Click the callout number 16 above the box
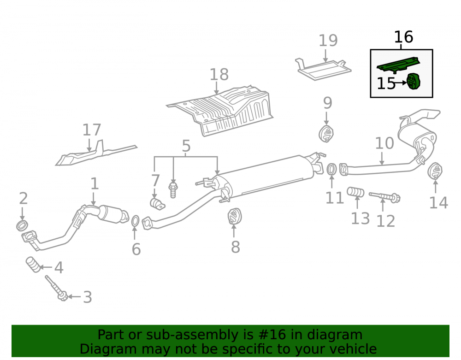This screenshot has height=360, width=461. point(403,37)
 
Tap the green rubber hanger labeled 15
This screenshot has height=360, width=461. point(414,82)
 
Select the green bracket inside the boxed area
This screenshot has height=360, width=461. point(398,65)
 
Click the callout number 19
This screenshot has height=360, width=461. point(328,41)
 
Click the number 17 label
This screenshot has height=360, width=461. point(92,130)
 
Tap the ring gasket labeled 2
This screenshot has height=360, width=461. point(22,225)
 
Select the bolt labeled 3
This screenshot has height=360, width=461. point(56,288)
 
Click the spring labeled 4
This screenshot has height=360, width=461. point(33,265)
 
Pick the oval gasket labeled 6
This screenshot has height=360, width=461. point(135,221)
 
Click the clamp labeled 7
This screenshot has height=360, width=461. point(157,204)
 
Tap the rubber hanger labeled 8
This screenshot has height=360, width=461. point(235,216)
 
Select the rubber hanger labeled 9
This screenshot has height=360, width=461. point(326,134)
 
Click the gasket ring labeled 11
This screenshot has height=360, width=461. point(331,170)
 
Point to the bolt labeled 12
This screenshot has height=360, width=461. point(384,197)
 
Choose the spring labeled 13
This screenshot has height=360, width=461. point(355,192)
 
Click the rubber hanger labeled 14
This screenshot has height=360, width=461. point(435,171)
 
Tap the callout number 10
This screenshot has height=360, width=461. point(384,143)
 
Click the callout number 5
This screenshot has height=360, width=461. point(186,146)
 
